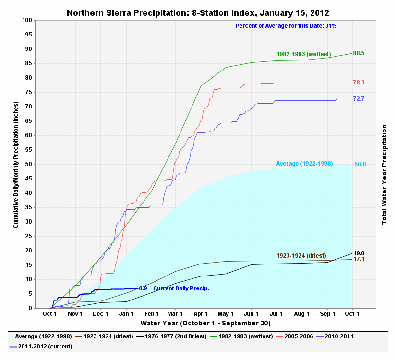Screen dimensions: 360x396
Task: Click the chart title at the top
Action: [198, 12]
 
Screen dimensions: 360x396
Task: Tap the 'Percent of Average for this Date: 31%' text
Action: [286, 25]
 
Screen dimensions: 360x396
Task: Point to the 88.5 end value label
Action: [359, 53]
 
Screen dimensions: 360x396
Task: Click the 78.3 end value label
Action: [359, 83]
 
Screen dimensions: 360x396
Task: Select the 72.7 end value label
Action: [359, 99]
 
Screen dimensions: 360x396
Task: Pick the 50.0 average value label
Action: [360, 164]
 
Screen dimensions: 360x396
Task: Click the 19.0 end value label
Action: [359, 253]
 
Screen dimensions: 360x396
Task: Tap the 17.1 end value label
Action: [359, 260]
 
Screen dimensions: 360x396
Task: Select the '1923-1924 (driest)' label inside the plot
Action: [301, 255]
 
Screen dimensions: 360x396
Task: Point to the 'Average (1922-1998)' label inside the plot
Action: [304, 164]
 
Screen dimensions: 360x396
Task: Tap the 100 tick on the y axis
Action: [27, 20]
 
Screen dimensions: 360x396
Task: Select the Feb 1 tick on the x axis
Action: [152, 314]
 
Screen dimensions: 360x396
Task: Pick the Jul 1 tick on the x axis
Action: [276, 314]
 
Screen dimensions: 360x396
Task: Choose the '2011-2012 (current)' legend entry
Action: [47, 346]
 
